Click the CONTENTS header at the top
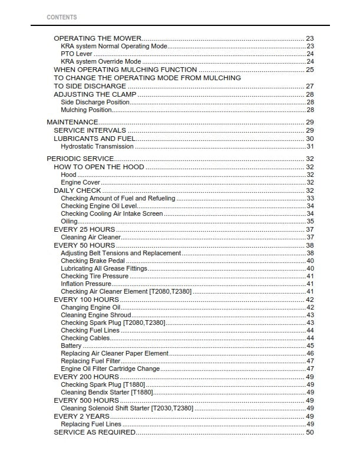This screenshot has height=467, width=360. pyautogui.click(x=61, y=18)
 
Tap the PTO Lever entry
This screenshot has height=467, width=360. pyautogui.click(x=77, y=54)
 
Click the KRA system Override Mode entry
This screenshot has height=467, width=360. pyautogui.click(x=101, y=61)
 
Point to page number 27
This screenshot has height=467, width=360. pyautogui.click(x=309, y=86)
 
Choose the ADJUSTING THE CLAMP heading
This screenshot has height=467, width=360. pyautogui.click(x=95, y=94)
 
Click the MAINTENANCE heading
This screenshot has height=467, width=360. pyautogui.click(x=72, y=122)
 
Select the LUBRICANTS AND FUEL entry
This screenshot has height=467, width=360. pyautogui.click(x=94, y=139)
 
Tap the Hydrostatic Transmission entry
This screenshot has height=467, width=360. pyautogui.click(x=97, y=146)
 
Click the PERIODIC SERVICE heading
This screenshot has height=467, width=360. pyautogui.click(x=80, y=159)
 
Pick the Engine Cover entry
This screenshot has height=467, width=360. pyautogui.click(x=80, y=183)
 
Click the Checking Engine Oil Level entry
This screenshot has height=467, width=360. pyautogui.click(x=99, y=206)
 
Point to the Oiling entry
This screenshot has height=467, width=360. pyautogui.click(x=70, y=221)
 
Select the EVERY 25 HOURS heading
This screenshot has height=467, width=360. pyautogui.click(x=84, y=229)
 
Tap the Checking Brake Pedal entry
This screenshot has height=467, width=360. pyautogui.click(x=91, y=261)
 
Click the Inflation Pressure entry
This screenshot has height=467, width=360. pyautogui.click(x=86, y=284)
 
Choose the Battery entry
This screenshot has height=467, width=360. pyautogui.click(x=71, y=346)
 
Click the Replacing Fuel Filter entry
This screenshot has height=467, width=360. pyautogui.click(x=90, y=361)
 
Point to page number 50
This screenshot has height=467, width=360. pyautogui.click(x=309, y=432)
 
